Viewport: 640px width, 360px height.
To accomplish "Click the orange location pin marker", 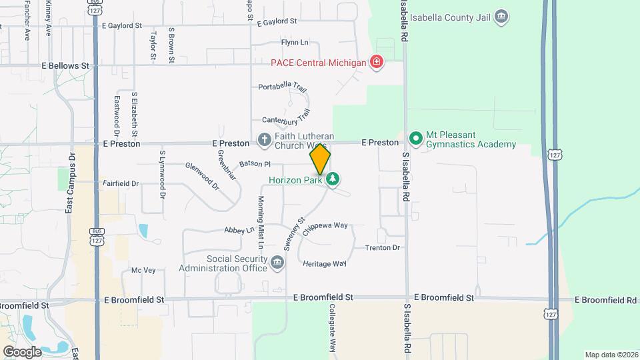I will (x=320, y=159).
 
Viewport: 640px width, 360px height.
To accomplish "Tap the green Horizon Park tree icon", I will (x=333, y=179).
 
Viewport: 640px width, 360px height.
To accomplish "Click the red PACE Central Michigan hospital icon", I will (x=377, y=63).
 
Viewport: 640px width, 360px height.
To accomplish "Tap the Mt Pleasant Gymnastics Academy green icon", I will (x=416, y=139).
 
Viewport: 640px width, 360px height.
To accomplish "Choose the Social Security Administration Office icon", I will (x=277, y=264).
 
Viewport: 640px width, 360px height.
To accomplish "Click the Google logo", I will (x=21, y=351).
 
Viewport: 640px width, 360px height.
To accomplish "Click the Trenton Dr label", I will (x=382, y=248).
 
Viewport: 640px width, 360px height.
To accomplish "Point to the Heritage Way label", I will (x=325, y=264).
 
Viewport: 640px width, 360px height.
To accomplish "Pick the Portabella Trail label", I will (x=283, y=87).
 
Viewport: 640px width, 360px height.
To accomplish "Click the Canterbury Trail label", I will (x=287, y=117).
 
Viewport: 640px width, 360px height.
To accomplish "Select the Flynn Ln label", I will (x=295, y=43).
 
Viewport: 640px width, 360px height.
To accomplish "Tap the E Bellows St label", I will (x=65, y=66).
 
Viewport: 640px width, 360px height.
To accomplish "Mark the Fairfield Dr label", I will (x=121, y=183).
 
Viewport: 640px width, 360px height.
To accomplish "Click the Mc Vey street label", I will (x=143, y=270).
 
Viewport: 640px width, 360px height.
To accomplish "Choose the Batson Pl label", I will (x=255, y=163).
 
